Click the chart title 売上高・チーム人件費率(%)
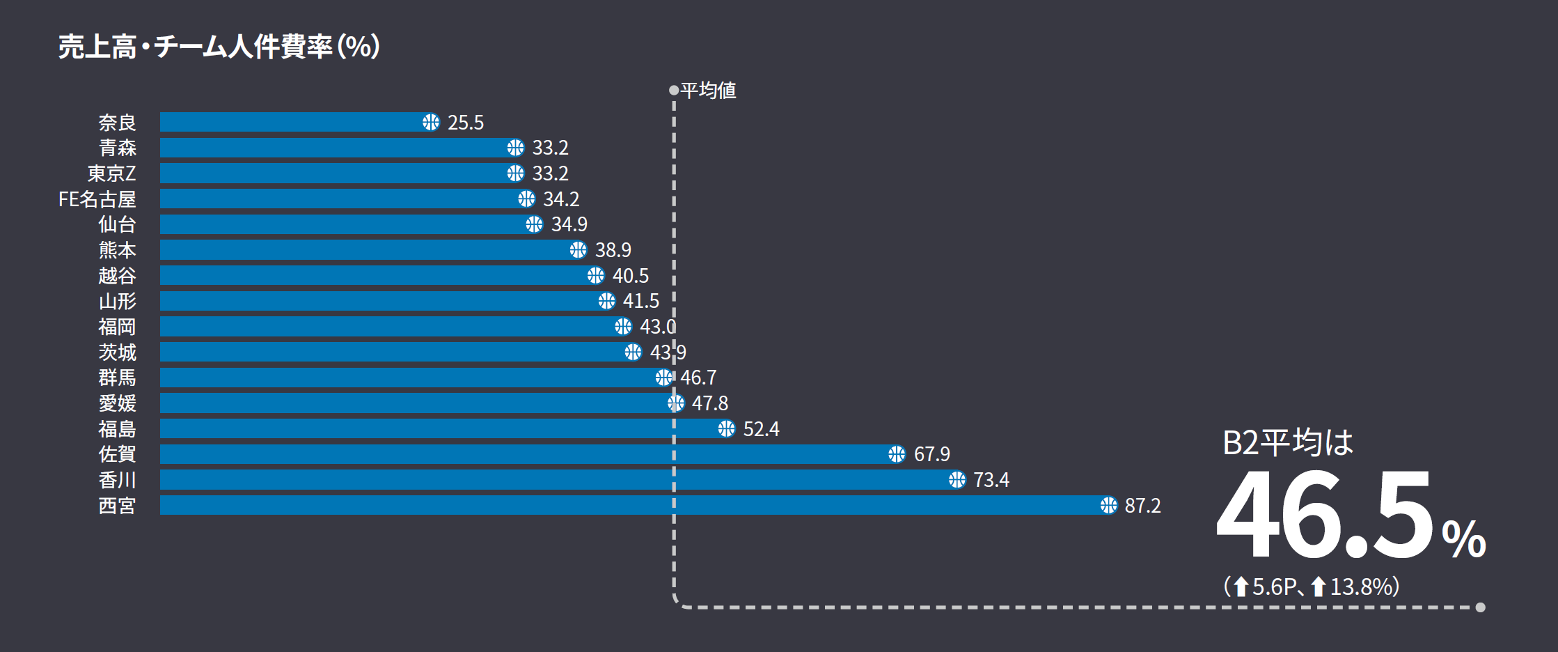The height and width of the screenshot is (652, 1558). [x=219, y=47]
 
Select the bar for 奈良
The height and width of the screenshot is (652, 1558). [x=292, y=122]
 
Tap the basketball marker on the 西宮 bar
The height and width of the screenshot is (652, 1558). [x=1108, y=505]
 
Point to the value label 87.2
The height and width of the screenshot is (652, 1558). [x=1142, y=506]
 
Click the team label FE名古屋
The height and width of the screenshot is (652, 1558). [x=97, y=199]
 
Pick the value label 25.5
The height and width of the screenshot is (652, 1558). [x=465, y=123]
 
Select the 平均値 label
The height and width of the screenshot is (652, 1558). [x=708, y=91]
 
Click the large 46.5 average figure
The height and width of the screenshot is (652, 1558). [x=1323, y=515]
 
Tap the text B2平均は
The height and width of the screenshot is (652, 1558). [x=1287, y=442]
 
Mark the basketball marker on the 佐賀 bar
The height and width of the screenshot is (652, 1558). [x=897, y=454]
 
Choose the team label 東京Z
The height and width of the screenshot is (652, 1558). [x=111, y=173]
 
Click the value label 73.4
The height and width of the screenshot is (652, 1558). [x=991, y=480]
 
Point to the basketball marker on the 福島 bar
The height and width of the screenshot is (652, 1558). [x=726, y=428]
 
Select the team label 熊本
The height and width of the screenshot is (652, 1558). [x=117, y=250]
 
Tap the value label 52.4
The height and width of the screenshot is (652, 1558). [x=761, y=429]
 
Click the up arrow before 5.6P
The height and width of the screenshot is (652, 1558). [x=1241, y=587]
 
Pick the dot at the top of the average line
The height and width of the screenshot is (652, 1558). [x=673, y=90]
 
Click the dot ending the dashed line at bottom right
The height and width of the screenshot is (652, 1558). [x=1480, y=607]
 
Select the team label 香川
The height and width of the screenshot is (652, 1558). [x=117, y=480]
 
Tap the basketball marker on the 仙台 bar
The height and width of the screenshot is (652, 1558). [x=534, y=224]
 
